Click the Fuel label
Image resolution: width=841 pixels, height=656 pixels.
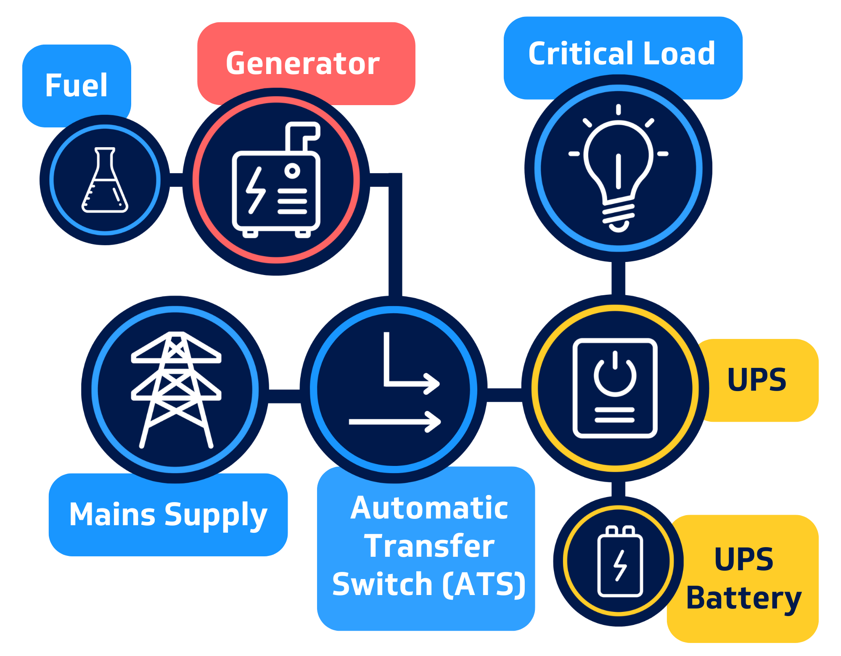(76, 85)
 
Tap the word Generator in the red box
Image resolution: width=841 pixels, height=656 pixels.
(303, 63)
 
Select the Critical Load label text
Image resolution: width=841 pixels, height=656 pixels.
(621, 54)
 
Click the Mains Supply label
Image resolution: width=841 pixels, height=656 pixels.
(168, 515)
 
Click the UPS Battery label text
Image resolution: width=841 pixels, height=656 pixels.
(743, 579)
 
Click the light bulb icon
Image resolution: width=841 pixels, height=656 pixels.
(618, 168)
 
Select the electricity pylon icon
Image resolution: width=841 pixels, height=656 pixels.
(176, 389)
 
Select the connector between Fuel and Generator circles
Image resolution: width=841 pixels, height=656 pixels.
(176, 180)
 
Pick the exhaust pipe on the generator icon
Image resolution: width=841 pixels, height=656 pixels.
(302, 135)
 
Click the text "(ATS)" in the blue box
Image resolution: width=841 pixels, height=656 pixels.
(484, 584)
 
